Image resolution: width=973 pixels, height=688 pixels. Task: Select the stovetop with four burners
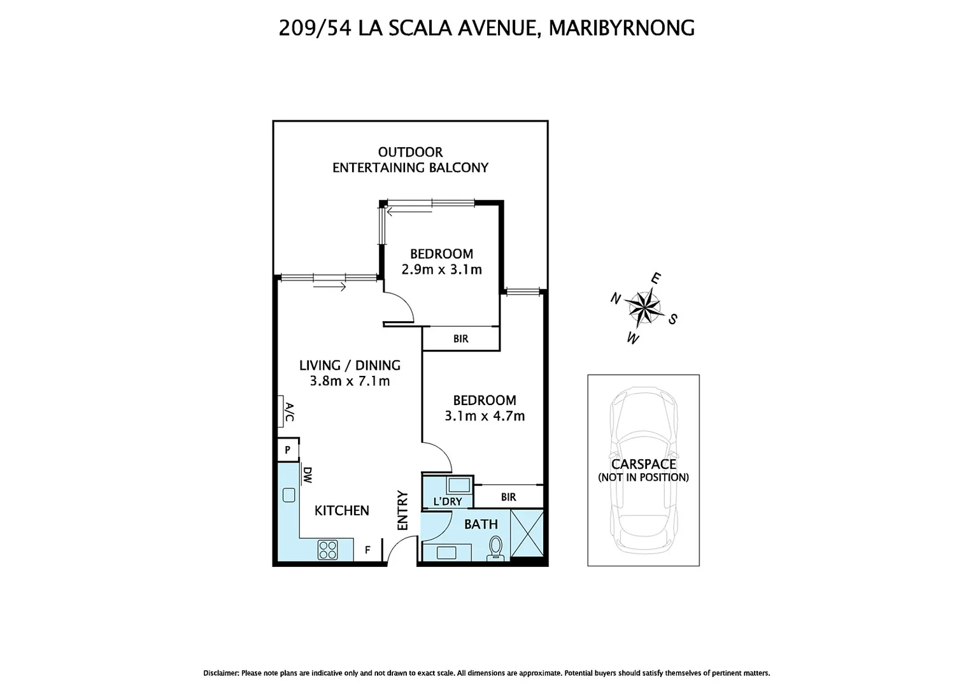pyautogui.click(x=327, y=550)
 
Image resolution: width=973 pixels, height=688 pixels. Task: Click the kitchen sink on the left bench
pyautogui.click(x=288, y=494)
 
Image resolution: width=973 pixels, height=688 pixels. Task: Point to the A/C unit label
pyautogui.click(x=288, y=412)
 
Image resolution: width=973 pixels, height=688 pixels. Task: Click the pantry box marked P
pyautogui.click(x=288, y=450)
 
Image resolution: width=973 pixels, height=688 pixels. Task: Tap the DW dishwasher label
pyautogui.click(x=308, y=475)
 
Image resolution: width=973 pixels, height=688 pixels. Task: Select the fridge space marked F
pyautogui.click(x=367, y=550)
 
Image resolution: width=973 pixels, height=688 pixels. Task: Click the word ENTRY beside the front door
pyautogui.click(x=402, y=510)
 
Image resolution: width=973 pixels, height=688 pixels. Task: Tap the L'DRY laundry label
pyautogui.click(x=447, y=501)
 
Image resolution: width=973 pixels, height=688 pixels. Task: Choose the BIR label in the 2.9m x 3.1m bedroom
pyautogui.click(x=461, y=339)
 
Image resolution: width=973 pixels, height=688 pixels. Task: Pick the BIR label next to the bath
pyautogui.click(x=508, y=497)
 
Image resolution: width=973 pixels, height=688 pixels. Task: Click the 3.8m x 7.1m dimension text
pyautogui.click(x=350, y=382)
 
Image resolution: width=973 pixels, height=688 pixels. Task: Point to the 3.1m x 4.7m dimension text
pyautogui.click(x=484, y=416)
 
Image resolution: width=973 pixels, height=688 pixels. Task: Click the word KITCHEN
pyautogui.click(x=342, y=510)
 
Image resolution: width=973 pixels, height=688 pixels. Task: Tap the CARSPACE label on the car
pyautogui.click(x=643, y=464)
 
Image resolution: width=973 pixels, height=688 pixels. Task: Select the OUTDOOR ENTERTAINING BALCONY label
pyautogui.click(x=410, y=160)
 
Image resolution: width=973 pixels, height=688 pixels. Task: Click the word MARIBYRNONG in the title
pyautogui.click(x=621, y=28)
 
